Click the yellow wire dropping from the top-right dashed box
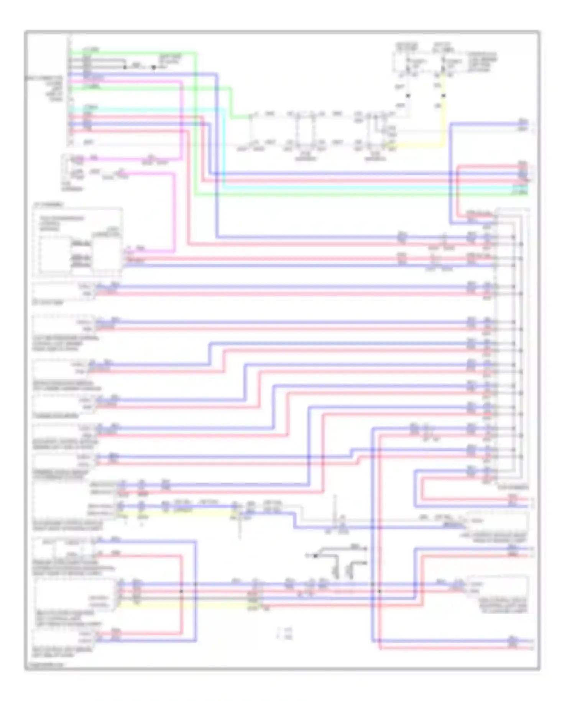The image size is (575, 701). coord(444,115)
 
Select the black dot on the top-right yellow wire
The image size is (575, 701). coord(444,95)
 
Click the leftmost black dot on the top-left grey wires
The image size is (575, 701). coord(125,67)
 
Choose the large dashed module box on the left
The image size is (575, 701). coord(78,242)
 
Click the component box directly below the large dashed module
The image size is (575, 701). coord(63,290)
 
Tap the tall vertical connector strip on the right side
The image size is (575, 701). coord(496,345)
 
